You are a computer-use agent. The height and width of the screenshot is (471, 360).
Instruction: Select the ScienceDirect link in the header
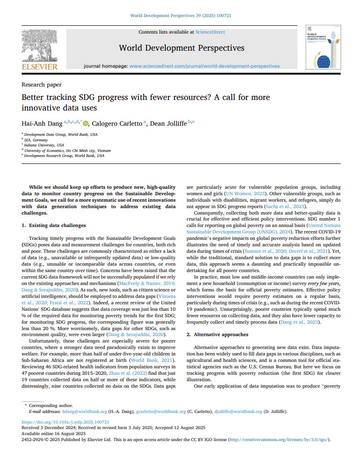[210, 32]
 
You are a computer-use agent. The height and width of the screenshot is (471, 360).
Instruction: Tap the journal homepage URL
[204, 66]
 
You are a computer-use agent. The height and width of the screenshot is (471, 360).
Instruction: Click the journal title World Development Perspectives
[181, 48]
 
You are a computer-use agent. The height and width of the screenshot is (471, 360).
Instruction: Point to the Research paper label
[41, 85]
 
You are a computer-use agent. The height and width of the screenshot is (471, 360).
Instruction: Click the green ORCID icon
[86, 122]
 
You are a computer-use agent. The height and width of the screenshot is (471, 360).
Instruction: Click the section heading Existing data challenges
[57, 226]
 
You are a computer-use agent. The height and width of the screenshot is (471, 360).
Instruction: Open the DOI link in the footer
[65, 422]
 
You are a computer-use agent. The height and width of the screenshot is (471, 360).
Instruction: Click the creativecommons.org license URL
[279, 440]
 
